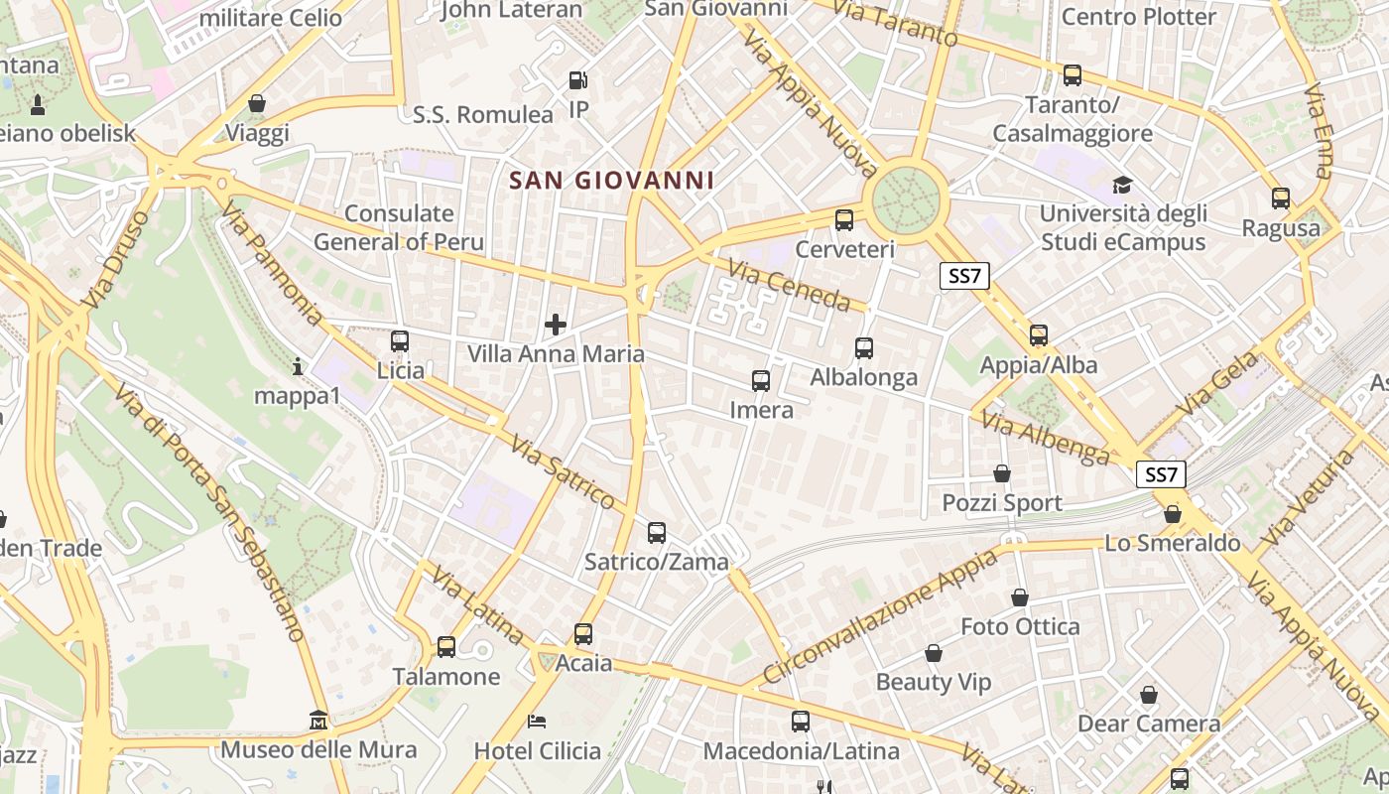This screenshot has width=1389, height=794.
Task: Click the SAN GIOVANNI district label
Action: [611, 181]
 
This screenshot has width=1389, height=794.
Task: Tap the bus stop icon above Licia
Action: [400, 341]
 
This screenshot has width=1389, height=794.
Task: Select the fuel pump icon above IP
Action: [577, 79]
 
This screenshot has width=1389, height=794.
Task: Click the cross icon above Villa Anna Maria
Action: [556, 325]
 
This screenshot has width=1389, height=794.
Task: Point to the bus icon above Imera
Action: [761, 380]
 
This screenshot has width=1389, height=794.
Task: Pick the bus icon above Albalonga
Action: [864, 347]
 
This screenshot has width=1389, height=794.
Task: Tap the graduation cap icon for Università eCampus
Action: [1122, 185]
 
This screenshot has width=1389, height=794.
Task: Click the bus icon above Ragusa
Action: [1281, 198]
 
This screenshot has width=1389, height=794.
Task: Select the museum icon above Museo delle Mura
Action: [318, 719]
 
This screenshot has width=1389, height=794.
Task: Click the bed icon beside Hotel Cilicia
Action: [537, 721]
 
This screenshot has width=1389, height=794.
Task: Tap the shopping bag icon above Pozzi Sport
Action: [1002, 473]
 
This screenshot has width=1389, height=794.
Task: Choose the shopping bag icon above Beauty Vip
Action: [934, 653]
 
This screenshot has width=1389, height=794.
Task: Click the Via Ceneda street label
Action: [789, 285]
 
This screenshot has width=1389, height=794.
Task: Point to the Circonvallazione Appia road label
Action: [880, 617]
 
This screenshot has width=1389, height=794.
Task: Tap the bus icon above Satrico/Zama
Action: [657, 532]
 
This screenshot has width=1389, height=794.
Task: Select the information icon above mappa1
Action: [298, 366]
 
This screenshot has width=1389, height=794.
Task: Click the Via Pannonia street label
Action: [272, 263]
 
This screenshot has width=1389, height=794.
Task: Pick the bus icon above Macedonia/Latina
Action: [801, 722]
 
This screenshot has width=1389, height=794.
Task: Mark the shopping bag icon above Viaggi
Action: [257, 103]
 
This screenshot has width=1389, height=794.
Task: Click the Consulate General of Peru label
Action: [399, 227]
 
